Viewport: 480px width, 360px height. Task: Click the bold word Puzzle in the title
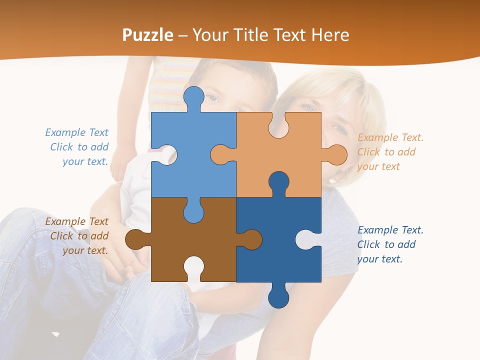148,35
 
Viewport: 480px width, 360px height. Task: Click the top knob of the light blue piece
193,97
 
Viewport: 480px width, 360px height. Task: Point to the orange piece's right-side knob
335,154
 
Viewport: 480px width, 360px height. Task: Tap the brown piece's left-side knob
135,239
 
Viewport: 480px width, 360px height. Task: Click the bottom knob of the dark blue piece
278,296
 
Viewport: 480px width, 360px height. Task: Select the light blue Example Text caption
78,147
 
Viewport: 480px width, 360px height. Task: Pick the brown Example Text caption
78,236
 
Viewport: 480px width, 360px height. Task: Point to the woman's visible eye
340,129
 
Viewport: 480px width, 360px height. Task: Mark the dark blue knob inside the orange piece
279,183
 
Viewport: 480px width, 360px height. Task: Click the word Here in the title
330,35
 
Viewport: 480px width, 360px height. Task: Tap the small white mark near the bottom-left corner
55,333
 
